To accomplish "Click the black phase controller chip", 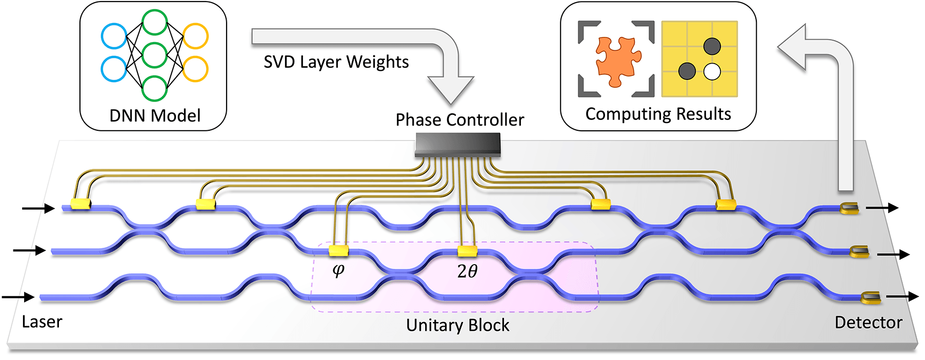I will pos(457,145).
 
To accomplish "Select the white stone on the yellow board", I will pos(712,72).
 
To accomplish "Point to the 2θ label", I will pos(467,271).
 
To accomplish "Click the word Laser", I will pos(42,322).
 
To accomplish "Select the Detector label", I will pos(868,323).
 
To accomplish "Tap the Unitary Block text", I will pos(457,325).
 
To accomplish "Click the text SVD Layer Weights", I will pos(336,62).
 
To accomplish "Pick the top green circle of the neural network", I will pos(154,23).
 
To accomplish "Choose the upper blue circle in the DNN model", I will pos(114,36).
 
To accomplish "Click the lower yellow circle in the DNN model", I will pos(195,69).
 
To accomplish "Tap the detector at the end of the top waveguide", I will pos(849,208).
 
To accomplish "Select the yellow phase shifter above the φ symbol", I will pos(338,251).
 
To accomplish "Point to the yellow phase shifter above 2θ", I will pos(467,251).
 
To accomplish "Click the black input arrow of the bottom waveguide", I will pos(18,297).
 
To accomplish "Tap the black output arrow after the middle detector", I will pos(893,254).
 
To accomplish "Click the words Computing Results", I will pos(658,114).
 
